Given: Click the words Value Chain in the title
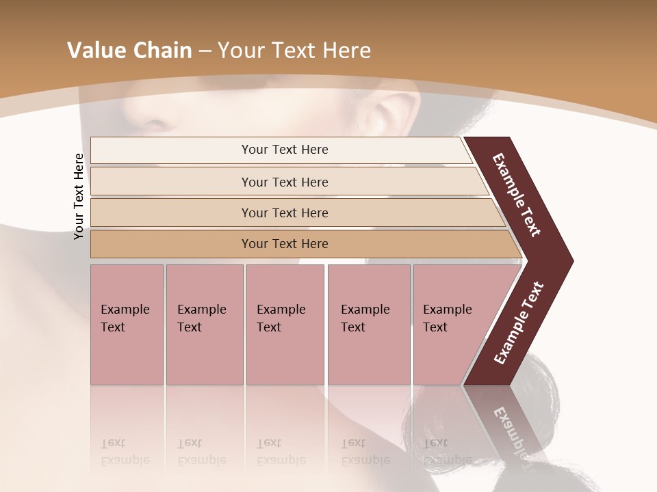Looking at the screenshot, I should [x=129, y=51].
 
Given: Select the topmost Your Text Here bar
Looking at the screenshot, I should [x=284, y=150].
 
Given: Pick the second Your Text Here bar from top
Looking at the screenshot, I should [x=284, y=182].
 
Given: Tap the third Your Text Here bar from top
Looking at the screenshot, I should [x=284, y=213].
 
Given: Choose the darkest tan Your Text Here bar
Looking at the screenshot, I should [x=284, y=244].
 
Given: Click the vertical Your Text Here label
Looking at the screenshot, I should [x=79, y=196].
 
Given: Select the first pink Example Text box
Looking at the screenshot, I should [x=127, y=324].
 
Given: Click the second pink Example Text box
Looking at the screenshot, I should [x=204, y=324].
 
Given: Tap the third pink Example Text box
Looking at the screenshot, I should [x=284, y=324].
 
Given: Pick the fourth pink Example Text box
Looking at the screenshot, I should [x=368, y=324].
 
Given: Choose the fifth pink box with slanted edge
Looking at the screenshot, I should [x=452, y=324].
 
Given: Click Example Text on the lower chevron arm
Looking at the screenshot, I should [x=519, y=323].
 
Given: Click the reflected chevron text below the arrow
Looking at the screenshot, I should [x=510, y=427].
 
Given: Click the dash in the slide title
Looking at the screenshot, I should [x=205, y=51].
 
